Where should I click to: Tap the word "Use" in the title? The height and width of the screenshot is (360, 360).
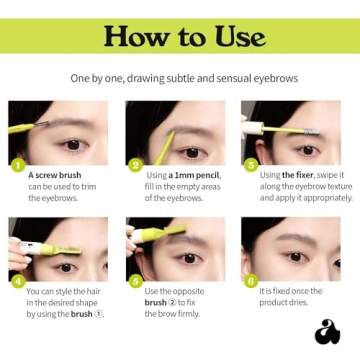pos(239,39)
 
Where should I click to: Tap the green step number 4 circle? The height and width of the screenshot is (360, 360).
pos(16,281)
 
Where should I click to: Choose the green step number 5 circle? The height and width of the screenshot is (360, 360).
pos(135,281)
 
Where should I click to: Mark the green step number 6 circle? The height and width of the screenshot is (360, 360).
pos(251,281)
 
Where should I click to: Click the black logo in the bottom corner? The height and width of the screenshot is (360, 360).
pos(327,332)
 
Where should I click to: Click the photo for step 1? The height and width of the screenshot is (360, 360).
pos(59,132)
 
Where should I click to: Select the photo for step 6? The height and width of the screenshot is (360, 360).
pos(296,249)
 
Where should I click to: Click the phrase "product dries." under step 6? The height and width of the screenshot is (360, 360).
pos(284,302)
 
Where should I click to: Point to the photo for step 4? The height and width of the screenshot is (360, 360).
pos(59,249)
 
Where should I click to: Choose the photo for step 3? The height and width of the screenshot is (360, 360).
pos(296,132)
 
